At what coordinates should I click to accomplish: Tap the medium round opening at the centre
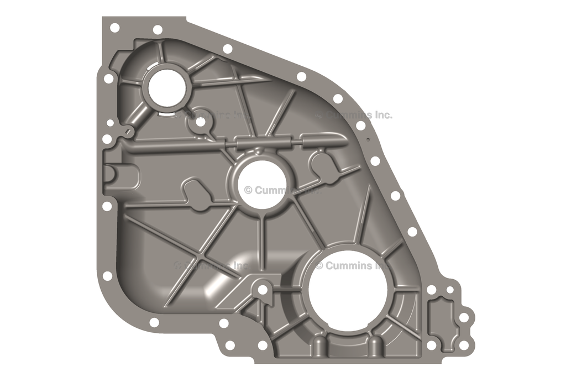point(262,181)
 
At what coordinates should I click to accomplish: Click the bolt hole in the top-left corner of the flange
point(115,27)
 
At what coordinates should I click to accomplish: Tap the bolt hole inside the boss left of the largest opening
point(263,289)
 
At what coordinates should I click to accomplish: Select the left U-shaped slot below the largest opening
point(319,346)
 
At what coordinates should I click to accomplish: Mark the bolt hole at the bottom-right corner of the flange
point(464,345)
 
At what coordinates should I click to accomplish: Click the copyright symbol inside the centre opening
point(248,190)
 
